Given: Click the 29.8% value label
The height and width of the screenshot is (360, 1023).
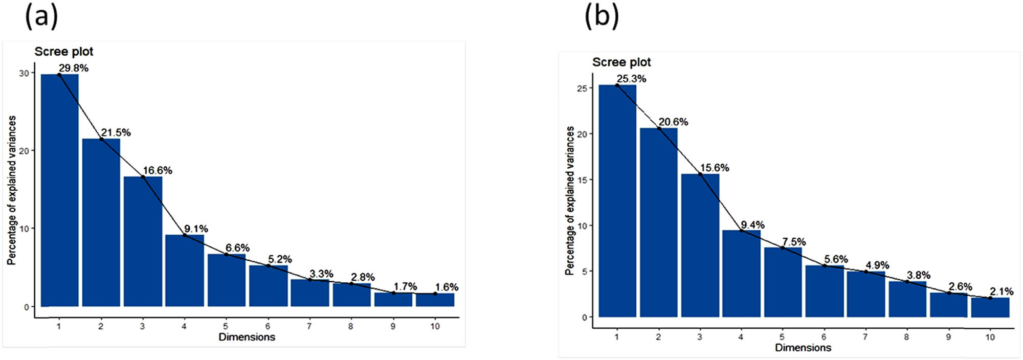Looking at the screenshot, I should click(x=73, y=68).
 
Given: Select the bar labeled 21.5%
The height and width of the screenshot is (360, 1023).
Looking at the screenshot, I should click(x=101, y=222).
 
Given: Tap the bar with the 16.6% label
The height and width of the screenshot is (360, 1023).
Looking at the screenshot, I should click(x=143, y=241).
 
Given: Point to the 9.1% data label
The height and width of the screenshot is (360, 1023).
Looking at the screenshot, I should click(x=196, y=229).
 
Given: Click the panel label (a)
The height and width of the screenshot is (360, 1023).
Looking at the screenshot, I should click(x=41, y=16).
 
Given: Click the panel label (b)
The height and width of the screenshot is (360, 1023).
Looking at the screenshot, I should click(x=602, y=16).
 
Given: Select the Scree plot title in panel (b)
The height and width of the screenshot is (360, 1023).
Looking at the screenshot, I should click(x=621, y=62).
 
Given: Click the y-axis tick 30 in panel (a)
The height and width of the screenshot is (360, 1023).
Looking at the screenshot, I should click(x=24, y=74).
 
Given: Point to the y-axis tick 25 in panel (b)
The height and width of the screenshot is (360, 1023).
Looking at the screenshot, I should click(x=582, y=88).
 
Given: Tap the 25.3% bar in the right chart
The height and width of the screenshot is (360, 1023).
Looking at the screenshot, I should click(x=617, y=201).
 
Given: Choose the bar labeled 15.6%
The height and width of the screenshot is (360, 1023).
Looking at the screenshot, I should click(x=700, y=245).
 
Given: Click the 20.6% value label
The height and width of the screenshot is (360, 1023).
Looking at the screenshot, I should click(x=673, y=122).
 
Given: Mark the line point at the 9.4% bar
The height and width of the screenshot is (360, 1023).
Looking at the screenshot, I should click(x=741, y=231).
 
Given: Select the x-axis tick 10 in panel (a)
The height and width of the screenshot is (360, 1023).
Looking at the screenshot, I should click(x=435, y=326).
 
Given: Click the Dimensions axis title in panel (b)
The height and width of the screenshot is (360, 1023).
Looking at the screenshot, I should click(x=803, y=348).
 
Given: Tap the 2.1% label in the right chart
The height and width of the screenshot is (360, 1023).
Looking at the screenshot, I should click(x=1001, y=291).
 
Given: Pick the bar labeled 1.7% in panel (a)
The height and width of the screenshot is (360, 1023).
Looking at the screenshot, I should click(x=393, y=300).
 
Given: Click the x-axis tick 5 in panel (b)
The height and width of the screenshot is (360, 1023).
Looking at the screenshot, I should click(x=782, y=337).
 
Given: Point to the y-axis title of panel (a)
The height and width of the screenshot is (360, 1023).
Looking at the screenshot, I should click(x=12, y=190).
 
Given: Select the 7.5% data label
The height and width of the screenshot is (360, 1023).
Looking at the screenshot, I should click(x=794, y=242).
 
